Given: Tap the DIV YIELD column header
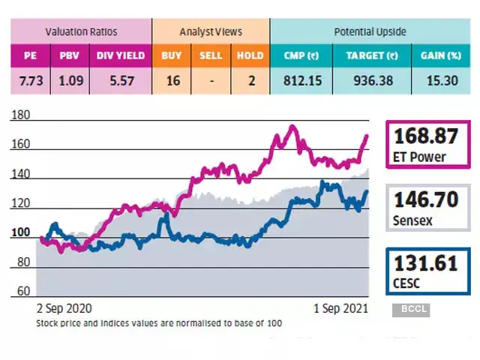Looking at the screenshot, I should (x=119, y=55).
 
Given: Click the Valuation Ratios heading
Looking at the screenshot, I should (x=80, y=32).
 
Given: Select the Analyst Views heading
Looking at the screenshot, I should (x=211, y=32).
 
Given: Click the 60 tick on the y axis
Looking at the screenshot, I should (x=23, y=291).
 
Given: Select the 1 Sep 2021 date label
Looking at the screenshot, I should (x=341, y=308).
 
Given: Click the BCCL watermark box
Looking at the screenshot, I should (x=410, y=309).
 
